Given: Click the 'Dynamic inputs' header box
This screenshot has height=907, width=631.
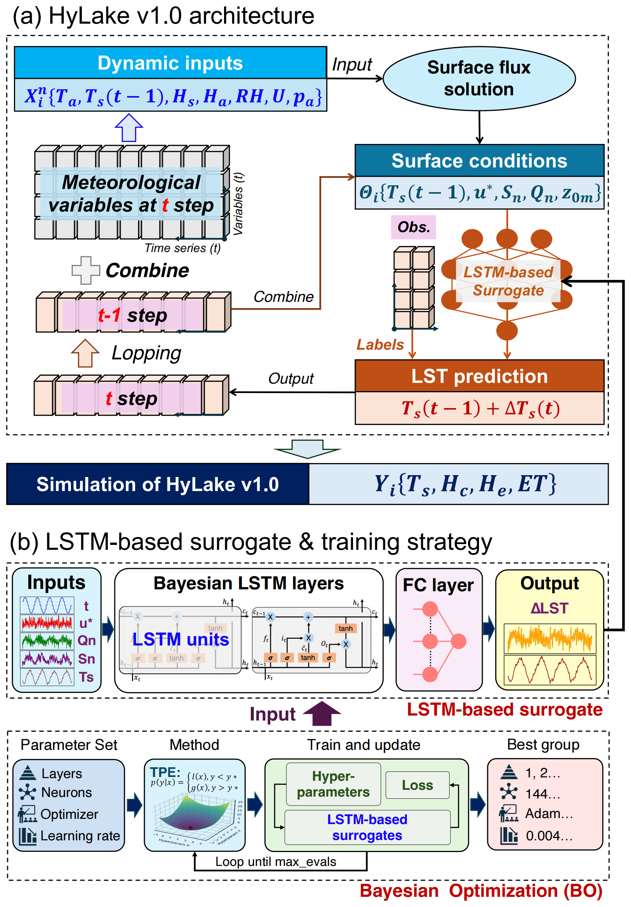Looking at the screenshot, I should pos(170,63).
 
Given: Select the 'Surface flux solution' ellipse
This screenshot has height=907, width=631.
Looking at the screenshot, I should pos(479,79).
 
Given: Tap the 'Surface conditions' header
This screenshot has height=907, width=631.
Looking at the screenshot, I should pos(479,161).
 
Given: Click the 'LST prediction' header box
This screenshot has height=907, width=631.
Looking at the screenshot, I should pos(479,376).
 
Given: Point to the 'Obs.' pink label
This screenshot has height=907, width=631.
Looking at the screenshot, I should pos(413,227).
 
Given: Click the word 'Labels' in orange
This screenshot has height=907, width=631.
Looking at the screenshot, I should pos(379,344).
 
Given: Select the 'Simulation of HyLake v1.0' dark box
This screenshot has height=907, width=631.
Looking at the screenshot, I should pos(157,484).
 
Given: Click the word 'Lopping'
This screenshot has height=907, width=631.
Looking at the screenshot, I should pos(146,353).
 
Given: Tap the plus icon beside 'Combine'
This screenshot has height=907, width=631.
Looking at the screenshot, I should pos(86,271).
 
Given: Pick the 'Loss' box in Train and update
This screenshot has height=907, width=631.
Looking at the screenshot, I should pos(417,785).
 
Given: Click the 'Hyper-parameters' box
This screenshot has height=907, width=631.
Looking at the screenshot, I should pos(333,784).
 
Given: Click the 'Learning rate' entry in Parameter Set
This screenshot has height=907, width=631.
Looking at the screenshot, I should pos(80,835).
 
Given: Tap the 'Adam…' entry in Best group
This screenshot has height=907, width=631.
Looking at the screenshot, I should pos(548,814).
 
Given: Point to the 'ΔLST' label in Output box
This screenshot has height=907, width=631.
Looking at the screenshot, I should pos(549,608).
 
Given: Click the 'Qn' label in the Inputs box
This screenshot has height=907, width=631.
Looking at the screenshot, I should pos(87,640).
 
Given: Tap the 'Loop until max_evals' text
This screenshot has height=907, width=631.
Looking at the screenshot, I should pos(276,861).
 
